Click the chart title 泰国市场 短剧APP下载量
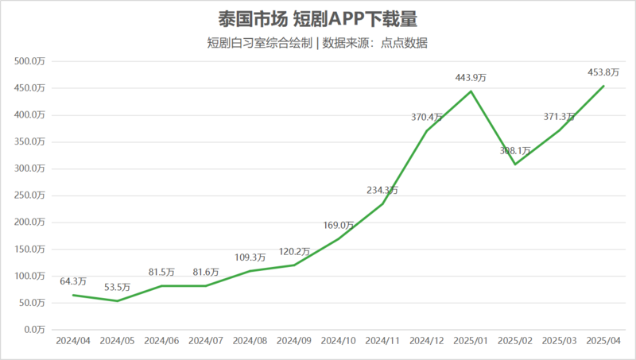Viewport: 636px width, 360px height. pyautogui.click(x=317, y=18)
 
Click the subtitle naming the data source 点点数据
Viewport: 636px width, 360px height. pyautogui.click(x=317, y=43)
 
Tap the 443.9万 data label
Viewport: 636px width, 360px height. pyautogui.click(x=471, y=77)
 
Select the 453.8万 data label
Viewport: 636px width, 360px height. pyautogui.click(x=603, y=72)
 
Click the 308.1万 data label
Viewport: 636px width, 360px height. pyautogui.click(x=515, y=150)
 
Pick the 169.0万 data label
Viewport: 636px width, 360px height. pyautogui.click(x=338, y=225)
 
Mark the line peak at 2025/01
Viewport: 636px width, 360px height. pyautogui.click(x=471, y=91)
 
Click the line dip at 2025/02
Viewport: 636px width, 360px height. pyautogui.click(x=515, y=165)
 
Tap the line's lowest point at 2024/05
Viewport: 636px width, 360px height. pyautogui.click(x=117, y=300)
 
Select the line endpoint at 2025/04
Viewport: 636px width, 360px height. pyautogui.click(x=603, y=86)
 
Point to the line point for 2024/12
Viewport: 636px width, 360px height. pyautogui.click(x=427, y=130)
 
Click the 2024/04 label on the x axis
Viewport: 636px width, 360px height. pyautogui.click(x=73, y=340)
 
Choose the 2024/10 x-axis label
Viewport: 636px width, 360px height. pyautogui.click(x=338, y=340)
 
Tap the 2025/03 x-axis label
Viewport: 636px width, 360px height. pyautogui.click(x=559, y=340)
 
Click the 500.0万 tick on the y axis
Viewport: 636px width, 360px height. pyautogui.click(x=33, y=61)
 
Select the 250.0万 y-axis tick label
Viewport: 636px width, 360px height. pyautogui.click(x=33, y=195)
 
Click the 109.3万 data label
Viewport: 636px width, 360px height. pyautogui.click(x=250, y=257)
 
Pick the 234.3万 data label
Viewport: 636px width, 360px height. pyautogui.click(x=382, y=190)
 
